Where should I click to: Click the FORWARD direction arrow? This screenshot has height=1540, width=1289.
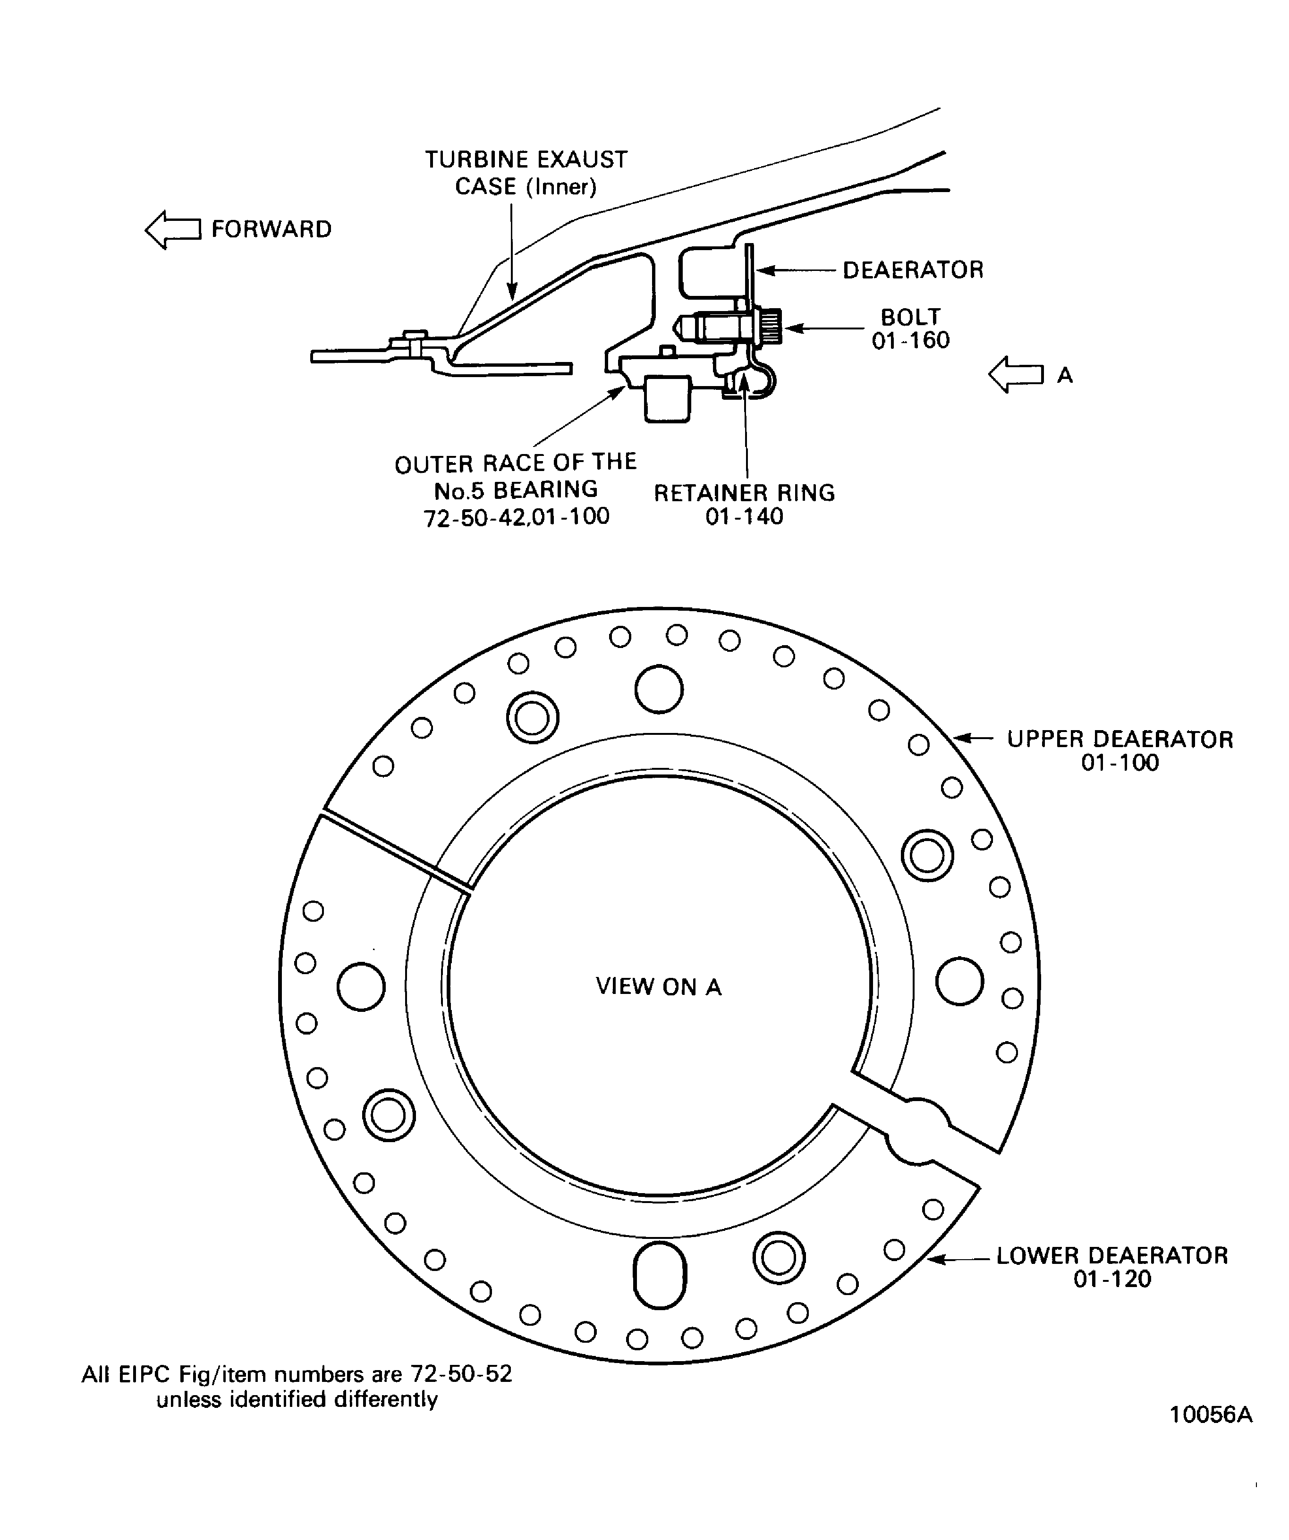pos(172,229)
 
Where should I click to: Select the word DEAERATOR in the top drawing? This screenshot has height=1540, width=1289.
pos(913,270)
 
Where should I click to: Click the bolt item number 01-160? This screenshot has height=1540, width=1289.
pos(910,340)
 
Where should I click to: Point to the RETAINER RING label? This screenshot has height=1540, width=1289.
pos(744,493)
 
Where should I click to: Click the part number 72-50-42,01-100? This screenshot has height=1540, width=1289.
pos(517,517)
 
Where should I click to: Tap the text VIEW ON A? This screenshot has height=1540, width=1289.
pos(658,987)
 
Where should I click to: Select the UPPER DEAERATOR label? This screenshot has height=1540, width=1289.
pos(1119,739)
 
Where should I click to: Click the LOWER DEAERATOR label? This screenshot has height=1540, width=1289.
pos(1111,1255)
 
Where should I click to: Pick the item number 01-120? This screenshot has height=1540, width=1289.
pos(1112,1279)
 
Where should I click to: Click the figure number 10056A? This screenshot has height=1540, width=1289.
pos(1211,1435)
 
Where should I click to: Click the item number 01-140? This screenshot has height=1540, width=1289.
pos(744,517)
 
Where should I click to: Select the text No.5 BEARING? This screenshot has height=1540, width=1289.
pos(516,490)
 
